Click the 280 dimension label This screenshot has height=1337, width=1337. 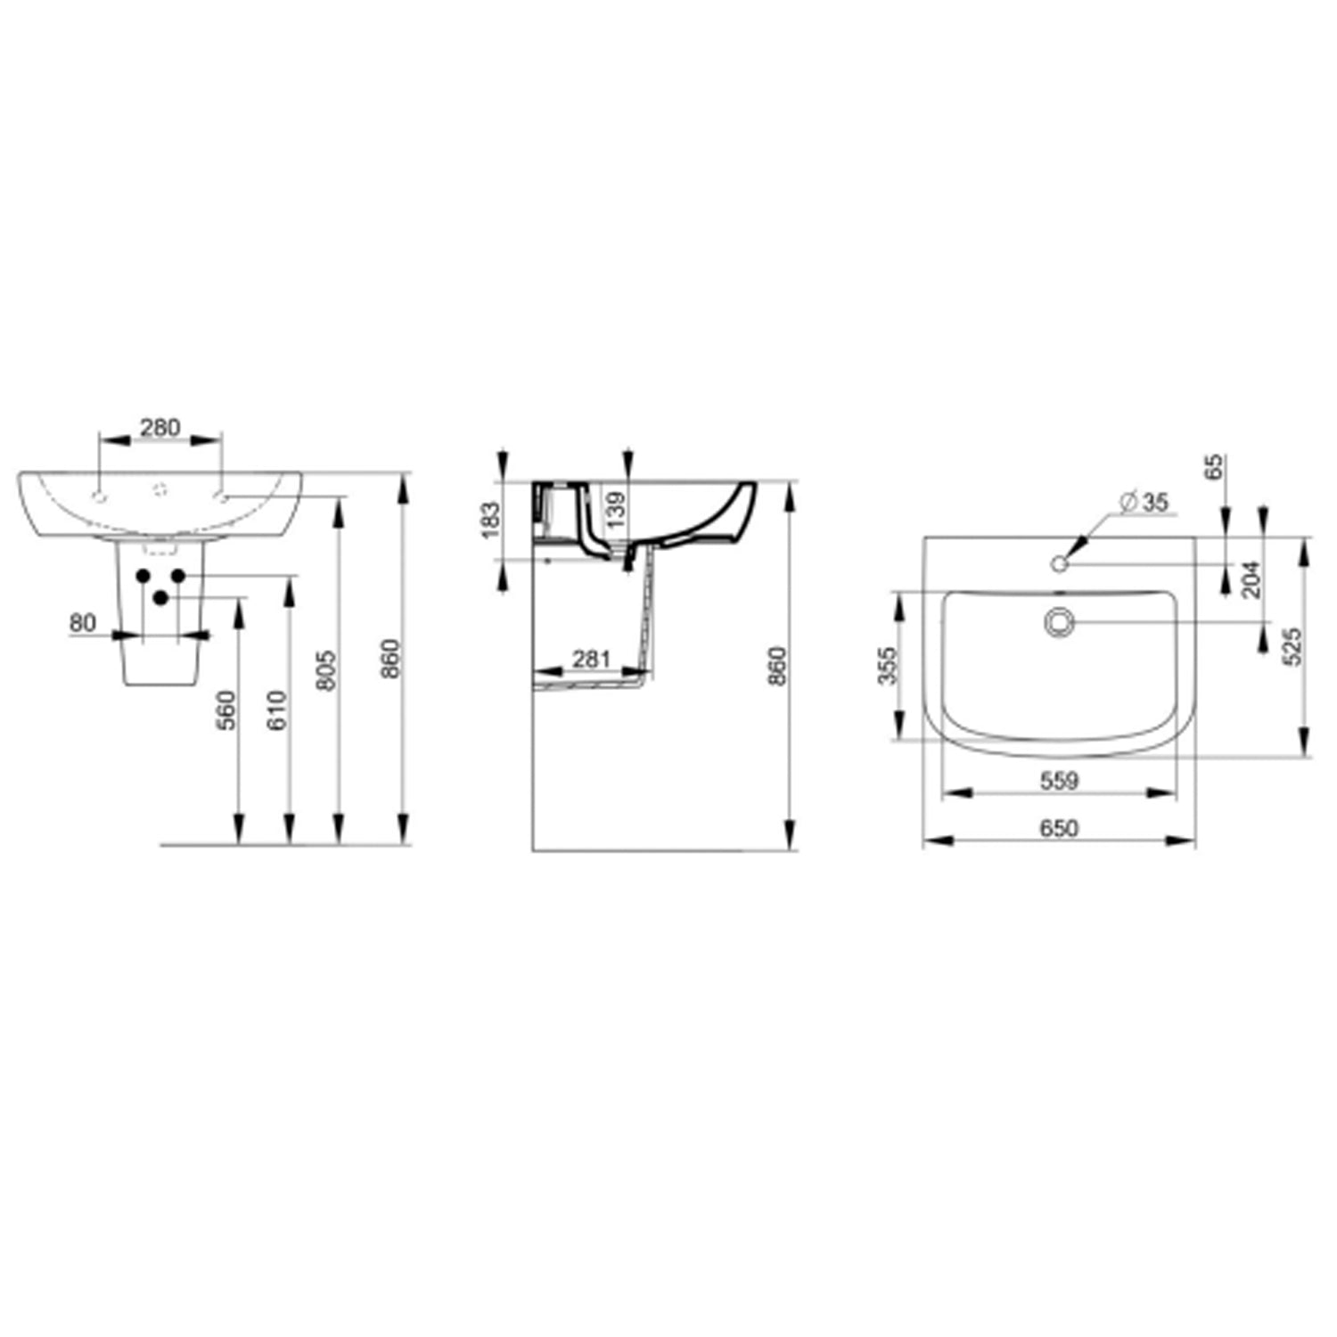[160, 428]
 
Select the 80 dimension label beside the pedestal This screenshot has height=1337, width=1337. [83, 623]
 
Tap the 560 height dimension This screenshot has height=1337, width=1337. [227, 711]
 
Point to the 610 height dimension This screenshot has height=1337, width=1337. [277, 711]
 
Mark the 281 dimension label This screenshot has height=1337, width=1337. [591, 659]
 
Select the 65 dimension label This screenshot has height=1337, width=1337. [1214, 468]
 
